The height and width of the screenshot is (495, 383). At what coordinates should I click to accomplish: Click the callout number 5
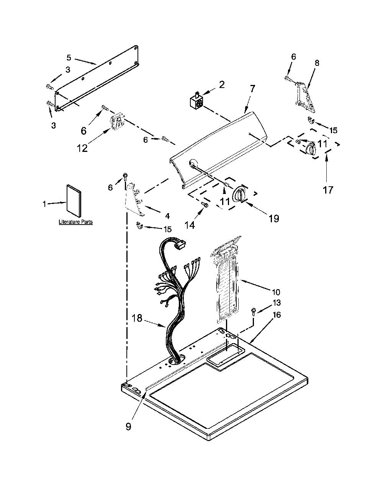pyautogui.click(x=69, y=57)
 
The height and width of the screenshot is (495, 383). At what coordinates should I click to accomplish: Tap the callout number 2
pyautogui.click(x=222, y=85)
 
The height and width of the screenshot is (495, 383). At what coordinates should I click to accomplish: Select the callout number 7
pyautogui.click(x=252, y=88)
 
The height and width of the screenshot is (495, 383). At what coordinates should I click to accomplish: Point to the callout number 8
pyautogui.click(x=317, y=63)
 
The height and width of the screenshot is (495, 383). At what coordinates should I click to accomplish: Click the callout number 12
pyautogui.click(x=82, y=148)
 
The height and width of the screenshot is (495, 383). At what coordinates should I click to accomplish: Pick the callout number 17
pyautogui.click(x=328, y=189)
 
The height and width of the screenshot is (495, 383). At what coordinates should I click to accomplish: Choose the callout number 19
pyautogui.click(x=273, y=218)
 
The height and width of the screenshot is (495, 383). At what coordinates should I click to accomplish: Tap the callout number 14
pyautogui.click(x=190, y=225)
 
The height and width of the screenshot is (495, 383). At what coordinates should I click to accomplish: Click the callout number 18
pyautogui.click(x=137, y=318)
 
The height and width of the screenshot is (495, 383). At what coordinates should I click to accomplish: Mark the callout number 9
pyautogui.click(x=128, y=426)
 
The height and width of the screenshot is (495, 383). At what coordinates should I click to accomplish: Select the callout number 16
pyautogui.click(x=276, y=315)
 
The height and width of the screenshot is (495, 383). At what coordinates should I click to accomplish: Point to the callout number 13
pyautogui.click(x=276, y=303)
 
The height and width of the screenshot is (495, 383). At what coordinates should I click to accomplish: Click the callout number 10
pyautogui.click(x=276, y=292)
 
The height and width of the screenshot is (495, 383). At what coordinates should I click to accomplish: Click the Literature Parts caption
pyautogui.click(x=76, y=221)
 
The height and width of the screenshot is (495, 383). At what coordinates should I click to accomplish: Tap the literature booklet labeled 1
pyautogui.click(x=74, y=201)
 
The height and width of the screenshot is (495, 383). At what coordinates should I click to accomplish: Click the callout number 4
pyautogui.click(x=167, y=216)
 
